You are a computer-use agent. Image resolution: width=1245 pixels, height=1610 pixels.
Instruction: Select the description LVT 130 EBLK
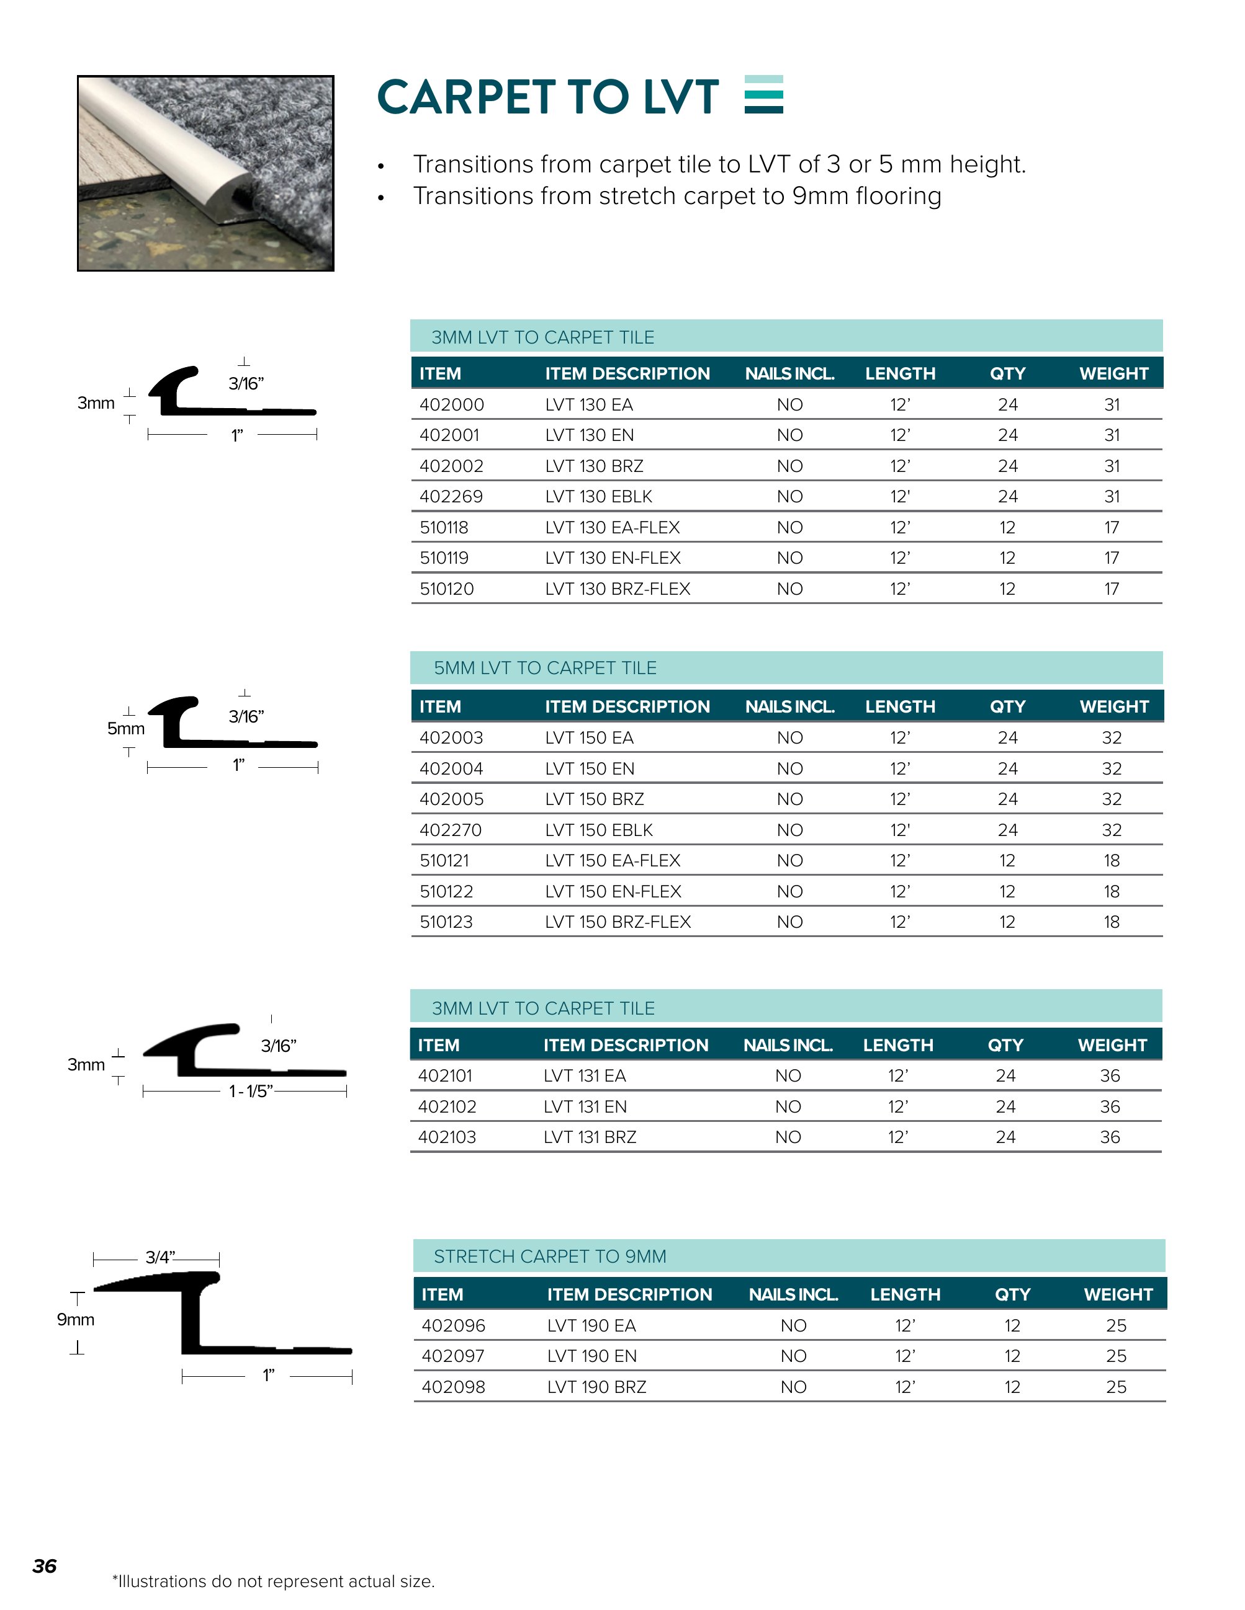pos(598,497)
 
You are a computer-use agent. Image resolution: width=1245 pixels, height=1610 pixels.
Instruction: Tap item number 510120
pos(446,589)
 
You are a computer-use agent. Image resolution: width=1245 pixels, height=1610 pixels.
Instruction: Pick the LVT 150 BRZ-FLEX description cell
pos(618,922)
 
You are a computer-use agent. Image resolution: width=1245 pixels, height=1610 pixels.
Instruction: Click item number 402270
pos(450,830)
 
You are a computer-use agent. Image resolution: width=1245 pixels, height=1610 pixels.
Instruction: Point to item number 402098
pos(453,1387)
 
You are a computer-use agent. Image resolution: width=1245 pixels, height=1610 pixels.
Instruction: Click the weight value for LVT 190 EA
pos(1116,1325)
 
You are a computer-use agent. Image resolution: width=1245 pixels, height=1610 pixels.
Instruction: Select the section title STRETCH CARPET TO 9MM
pos(549,1256)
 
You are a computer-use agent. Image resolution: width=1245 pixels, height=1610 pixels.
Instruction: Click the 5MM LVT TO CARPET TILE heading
pos(544,668)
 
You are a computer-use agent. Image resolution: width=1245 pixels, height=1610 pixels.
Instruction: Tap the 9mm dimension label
pos(76,1320)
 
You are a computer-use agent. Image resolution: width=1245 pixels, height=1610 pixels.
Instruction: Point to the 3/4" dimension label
pos(160,1258)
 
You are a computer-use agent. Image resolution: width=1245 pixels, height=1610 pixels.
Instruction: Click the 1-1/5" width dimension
pos(251,1091)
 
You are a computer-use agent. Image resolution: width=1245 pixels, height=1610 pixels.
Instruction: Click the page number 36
pos(44,1566)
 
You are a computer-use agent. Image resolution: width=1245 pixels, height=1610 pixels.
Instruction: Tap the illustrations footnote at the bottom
pos(273,1581)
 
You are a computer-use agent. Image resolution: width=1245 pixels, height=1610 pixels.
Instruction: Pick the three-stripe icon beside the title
pos(763,94)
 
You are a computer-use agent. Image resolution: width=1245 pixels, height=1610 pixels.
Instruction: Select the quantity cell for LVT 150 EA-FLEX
pos(1007,860)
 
